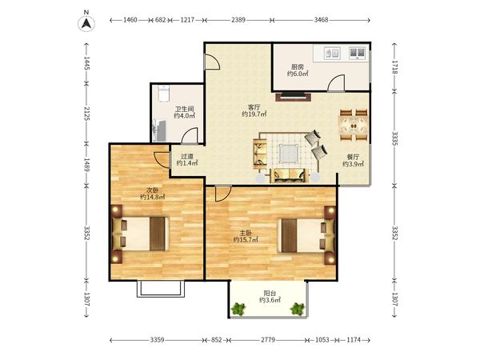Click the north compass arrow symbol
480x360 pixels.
pos(86,23)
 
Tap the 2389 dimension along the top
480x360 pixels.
pos(238,20)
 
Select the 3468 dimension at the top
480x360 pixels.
pos(321,20)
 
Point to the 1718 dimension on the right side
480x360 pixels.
pos(395,67)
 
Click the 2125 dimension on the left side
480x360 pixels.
pos(86,114)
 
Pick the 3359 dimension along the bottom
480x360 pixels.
pos(157,340)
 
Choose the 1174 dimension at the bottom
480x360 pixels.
pos(354,340)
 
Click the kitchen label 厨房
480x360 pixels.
pos(298,66)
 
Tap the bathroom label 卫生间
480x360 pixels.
pos(184,109)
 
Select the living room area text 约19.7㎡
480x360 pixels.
pos(254,114)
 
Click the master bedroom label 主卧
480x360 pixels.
pos(246,233)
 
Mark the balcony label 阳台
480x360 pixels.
pos(270,294)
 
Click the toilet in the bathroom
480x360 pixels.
pos(164,94)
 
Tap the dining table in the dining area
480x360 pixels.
pos(354,126)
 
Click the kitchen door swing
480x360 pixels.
pos(336,83)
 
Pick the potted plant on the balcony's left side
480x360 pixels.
pos(238,309)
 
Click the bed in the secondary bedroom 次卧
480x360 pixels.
pos(141,234)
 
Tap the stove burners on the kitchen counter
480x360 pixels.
pos(358,53)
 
